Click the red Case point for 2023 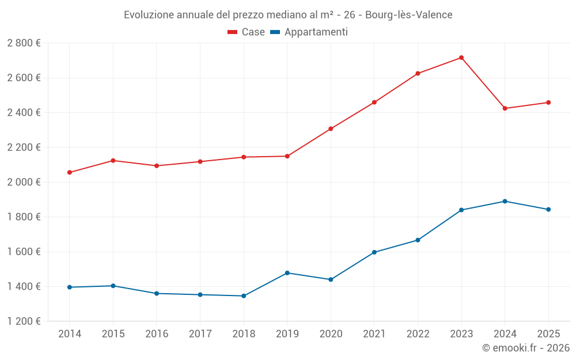[x=461, y=58]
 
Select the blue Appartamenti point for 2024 [x=505, y=201]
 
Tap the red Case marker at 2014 [x=70, y=172]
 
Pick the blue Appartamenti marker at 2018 [x=244, y=296]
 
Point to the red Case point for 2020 [x=331, y=129]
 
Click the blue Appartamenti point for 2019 [x=287, y=273]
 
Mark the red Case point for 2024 [x=505, y=108]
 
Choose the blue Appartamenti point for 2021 [x=374, y=252]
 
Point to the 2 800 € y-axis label [x=24, y=43]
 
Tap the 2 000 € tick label [x=24, y=182]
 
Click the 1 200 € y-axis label [x=24, y=321]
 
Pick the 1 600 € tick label [x=24, y=252]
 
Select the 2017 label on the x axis [x=200, y=334]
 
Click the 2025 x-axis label [x=548, y=334]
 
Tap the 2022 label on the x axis [x=418, y=334]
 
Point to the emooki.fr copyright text [x=525, y=348]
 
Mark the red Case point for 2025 [x=548, y=103]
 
